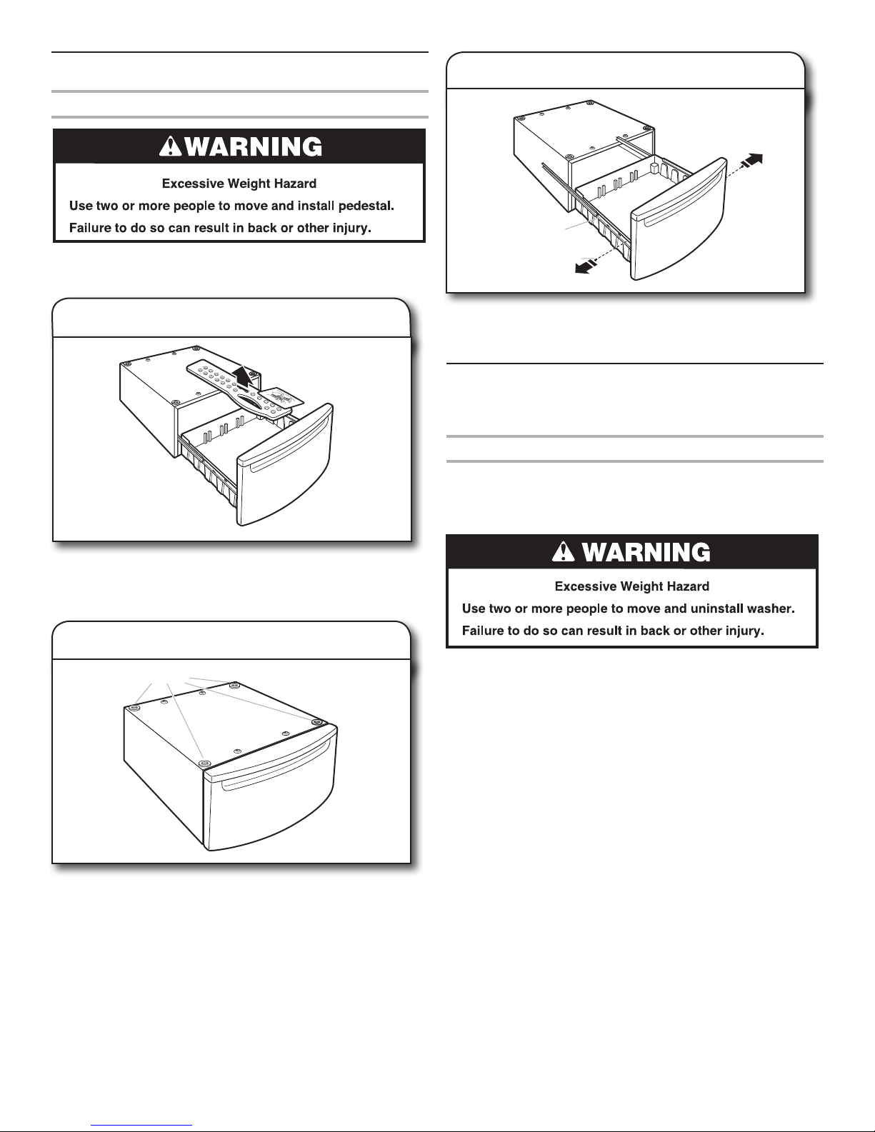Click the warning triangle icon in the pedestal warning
170,146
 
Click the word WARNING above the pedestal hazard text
254,146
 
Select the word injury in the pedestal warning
352,228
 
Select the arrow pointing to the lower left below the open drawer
586,267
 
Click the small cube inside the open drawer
655,166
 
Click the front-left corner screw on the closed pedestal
205,763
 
